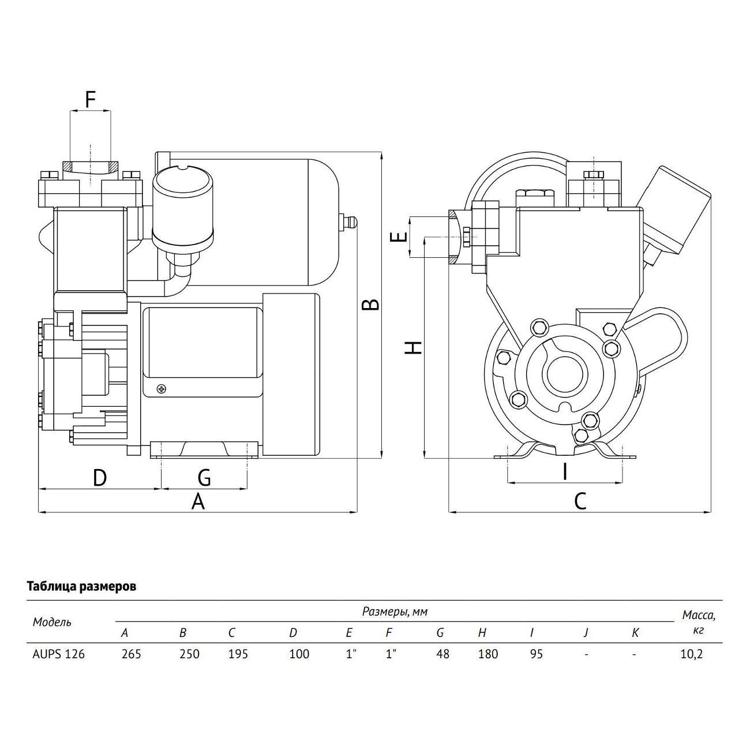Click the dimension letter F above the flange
pos(90,99)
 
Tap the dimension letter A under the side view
pos(198,501)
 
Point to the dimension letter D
pos(100,478)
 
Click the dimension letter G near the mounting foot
pos(204,478)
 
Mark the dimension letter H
pos(413,347)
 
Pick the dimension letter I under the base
pos(565,471)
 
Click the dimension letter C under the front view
pos(580,501)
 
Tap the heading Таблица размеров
pos(82,587)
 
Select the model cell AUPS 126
pos(58,654)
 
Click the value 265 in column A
pos(131,654)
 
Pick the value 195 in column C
pos(238,654)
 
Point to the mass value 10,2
pos(692,654)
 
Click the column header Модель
pos(52,622)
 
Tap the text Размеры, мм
pos(395,612)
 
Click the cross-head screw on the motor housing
pos(162,389)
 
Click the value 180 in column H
pos(487,654)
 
